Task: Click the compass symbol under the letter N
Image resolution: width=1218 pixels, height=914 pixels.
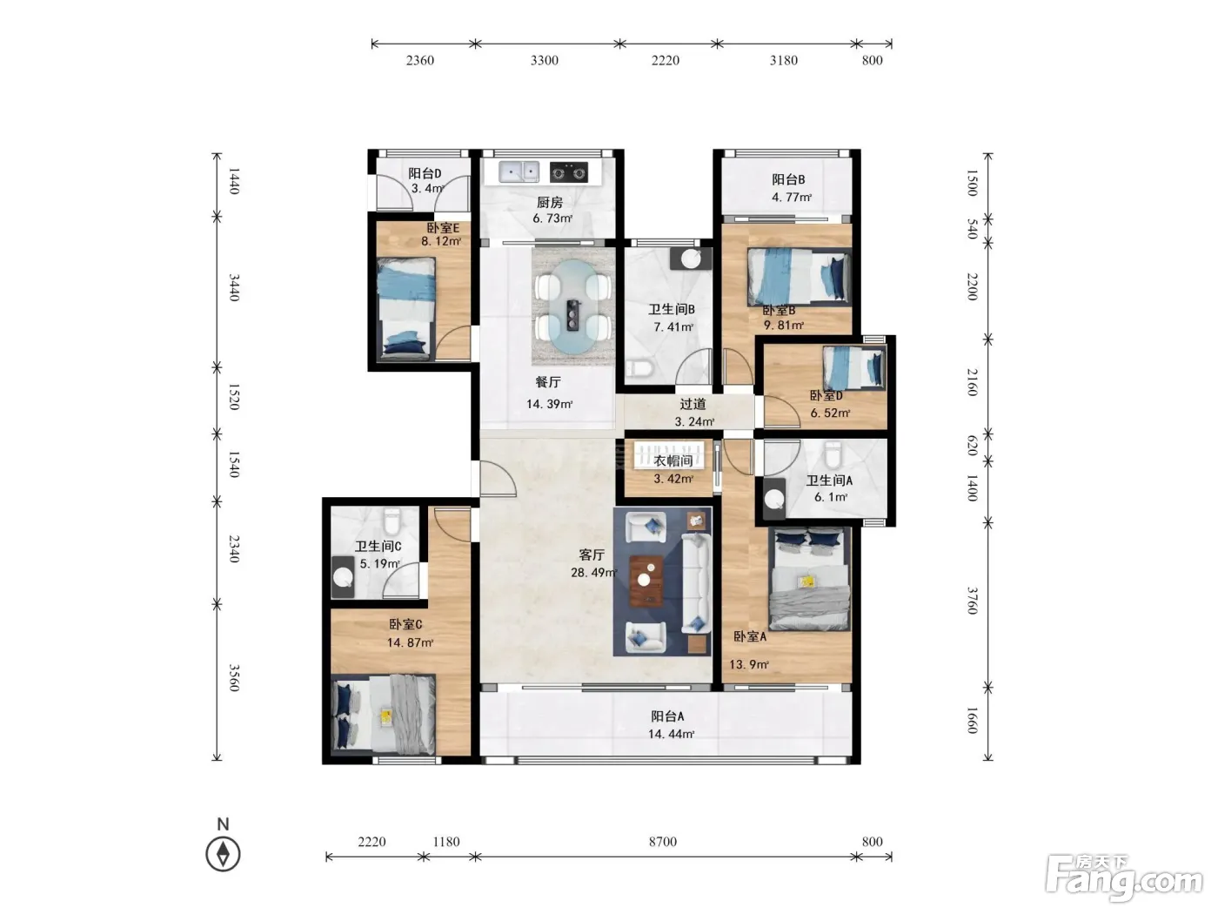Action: point(223,853)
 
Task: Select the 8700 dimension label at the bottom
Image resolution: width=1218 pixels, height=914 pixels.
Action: point(663,842)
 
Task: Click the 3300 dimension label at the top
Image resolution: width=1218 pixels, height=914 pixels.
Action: point(545,60)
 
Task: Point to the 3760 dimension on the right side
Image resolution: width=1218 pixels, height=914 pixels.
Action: point(972,601)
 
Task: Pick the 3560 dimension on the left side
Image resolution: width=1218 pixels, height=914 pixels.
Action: point(234,677)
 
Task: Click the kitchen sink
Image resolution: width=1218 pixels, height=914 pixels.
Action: point(519,171)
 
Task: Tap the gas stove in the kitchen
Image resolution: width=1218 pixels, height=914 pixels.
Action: point(569,172)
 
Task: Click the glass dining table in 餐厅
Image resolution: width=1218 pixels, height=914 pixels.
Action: point(573,307)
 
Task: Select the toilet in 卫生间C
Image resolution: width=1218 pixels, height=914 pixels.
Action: point(391,521)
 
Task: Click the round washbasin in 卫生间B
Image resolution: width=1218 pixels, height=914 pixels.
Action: point(691,259)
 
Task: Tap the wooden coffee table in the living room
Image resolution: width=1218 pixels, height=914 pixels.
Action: point(646,581)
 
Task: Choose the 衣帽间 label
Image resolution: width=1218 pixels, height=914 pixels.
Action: point(673,460)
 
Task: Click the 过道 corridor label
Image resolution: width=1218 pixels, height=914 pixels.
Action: point(693,404)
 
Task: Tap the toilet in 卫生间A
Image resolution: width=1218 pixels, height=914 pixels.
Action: point(833,455)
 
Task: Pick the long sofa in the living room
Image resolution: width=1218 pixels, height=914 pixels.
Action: point(696,583)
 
